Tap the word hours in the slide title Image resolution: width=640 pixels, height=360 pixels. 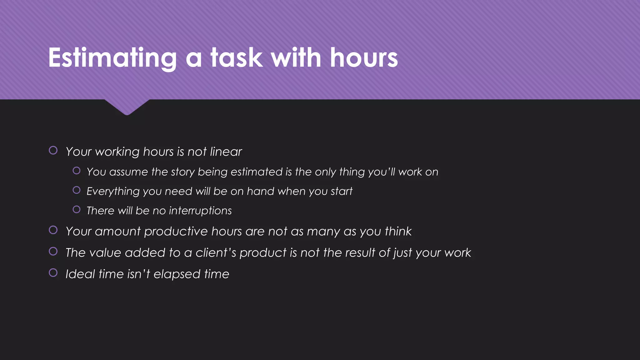tap(364, 58)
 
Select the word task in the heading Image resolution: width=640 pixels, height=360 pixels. tap(236, 58)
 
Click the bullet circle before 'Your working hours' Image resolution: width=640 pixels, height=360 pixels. tap(53, 150)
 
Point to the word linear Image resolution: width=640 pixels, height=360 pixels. tap(226, 152)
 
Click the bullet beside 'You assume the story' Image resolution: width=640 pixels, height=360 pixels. tap(77, 171)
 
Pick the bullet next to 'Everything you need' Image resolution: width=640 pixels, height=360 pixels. tap(77, 190)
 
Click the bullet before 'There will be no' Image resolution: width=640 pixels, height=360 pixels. tap(77, 209)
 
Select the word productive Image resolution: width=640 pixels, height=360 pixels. tap(176, 232)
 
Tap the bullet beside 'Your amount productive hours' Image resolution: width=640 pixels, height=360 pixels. tap(53, 230)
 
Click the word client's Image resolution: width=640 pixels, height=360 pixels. tap(216, 252)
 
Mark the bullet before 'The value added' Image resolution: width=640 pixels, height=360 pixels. tap(53, 251)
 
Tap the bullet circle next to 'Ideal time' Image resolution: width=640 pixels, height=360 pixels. tap(53, 273)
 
